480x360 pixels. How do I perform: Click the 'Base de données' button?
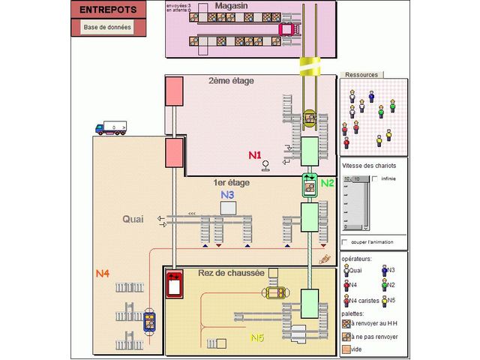(107, 28)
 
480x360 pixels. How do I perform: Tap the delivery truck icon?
(110, 128)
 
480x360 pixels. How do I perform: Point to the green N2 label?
(328, 182)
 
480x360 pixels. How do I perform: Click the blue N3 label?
(227, 194)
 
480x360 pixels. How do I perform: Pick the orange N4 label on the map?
(103, 274)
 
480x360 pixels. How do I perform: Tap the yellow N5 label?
(256, 337)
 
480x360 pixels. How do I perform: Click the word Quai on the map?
(133, 219)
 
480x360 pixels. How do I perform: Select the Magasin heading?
(232, 6)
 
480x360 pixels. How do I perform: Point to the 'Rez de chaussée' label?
(232, 273)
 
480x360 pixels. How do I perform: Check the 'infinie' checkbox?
(375, 178)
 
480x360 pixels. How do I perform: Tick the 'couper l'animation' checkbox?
(344, 241)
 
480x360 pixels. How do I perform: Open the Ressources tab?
(361, 75)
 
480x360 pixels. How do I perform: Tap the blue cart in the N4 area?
(150, 321)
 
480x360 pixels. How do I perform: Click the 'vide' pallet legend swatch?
(346, 349)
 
